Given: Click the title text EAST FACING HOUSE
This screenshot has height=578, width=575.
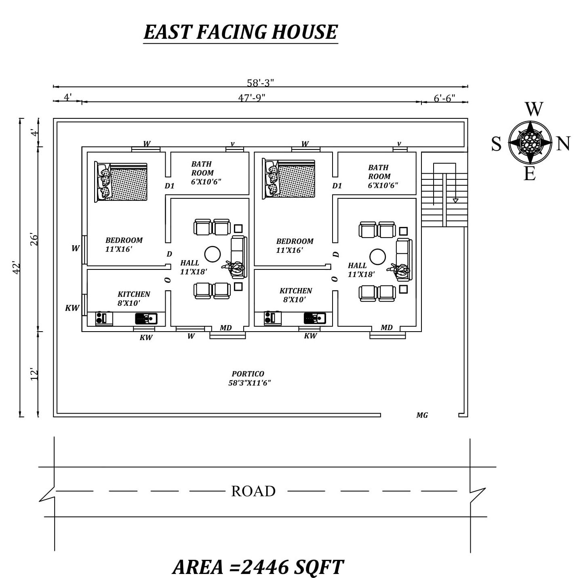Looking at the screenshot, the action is [240, 32].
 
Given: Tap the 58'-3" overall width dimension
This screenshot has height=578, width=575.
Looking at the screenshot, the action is [260, 82].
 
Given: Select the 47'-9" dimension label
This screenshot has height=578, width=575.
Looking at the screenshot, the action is [251, 98].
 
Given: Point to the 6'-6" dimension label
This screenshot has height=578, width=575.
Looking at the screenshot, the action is [444, 98].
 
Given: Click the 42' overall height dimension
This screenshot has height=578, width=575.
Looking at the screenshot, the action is [17, 268].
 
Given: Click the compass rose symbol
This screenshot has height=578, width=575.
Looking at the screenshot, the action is [530, 142].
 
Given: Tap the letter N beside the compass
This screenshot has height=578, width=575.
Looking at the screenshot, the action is [563, 144].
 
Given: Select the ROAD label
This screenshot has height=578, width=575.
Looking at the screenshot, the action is [253, 491].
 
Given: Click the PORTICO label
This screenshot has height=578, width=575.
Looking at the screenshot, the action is [248, 374].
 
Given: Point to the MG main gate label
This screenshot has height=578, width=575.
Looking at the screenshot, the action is [422, 415].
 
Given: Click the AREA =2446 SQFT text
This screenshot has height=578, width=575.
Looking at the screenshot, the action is [258, 567].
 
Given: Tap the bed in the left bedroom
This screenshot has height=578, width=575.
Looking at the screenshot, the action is [121, 182].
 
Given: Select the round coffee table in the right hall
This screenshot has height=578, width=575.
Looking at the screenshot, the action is [377, 257].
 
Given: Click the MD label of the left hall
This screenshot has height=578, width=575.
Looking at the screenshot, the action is [226, 328].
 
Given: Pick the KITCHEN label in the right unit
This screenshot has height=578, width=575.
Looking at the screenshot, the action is [296, 291].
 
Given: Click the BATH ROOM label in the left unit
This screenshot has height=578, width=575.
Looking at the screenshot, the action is [202, 168].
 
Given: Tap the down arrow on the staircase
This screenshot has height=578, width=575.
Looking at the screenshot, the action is [455, 200].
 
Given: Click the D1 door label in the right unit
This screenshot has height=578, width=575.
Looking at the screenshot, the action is [337, 186].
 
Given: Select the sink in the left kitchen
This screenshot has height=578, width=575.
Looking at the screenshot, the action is [146, 318].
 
